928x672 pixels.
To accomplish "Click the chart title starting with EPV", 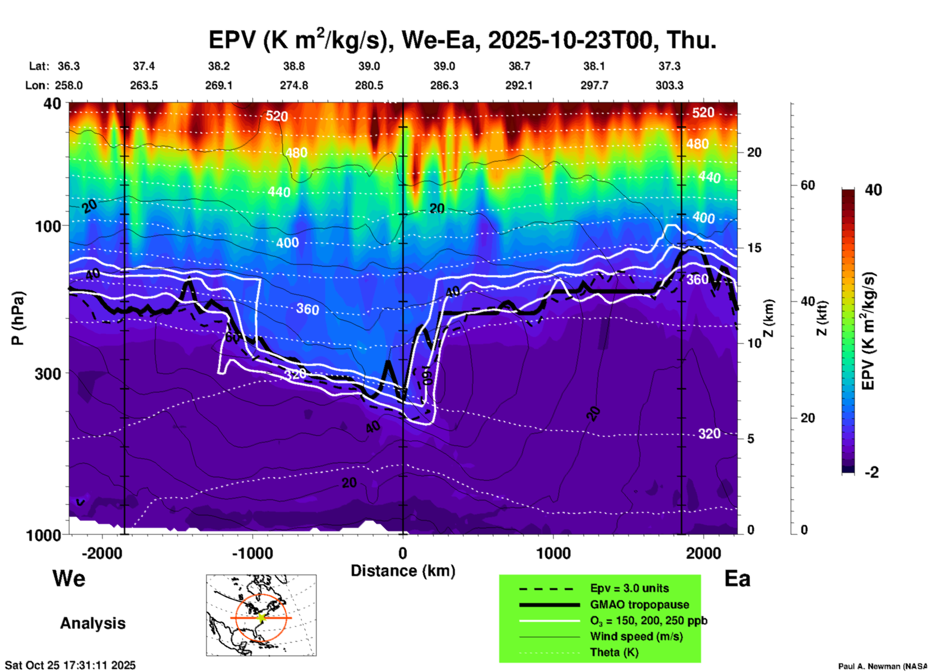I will tap(463, 40).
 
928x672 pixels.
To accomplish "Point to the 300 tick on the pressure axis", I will tap(48, 374).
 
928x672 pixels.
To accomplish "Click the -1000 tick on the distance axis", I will tap(252, 553).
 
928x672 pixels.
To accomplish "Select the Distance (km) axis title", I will tap(403, 571).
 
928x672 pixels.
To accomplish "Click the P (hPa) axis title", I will tap(18, 318).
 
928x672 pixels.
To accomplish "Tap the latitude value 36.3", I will tap(68, 66).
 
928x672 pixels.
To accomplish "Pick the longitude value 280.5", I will tap(369, 85).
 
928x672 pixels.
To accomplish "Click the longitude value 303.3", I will tap(669, 85).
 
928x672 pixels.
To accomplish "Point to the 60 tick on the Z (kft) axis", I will tap(808, 186).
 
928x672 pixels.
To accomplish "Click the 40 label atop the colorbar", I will tap(873, 190).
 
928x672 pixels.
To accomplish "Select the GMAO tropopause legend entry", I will tap(639, 605).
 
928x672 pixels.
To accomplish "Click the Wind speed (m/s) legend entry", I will tap(636, 637).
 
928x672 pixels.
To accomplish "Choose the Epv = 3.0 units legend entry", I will tap(629, 589).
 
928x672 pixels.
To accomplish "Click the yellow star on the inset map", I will tap(261, 618).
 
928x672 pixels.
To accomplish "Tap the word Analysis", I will tap(93, 623).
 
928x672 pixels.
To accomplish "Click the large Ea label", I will tap(737, 579).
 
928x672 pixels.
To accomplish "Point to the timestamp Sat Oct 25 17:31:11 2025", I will tap(70, 665).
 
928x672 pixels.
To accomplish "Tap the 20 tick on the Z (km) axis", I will tap(754, 153).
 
